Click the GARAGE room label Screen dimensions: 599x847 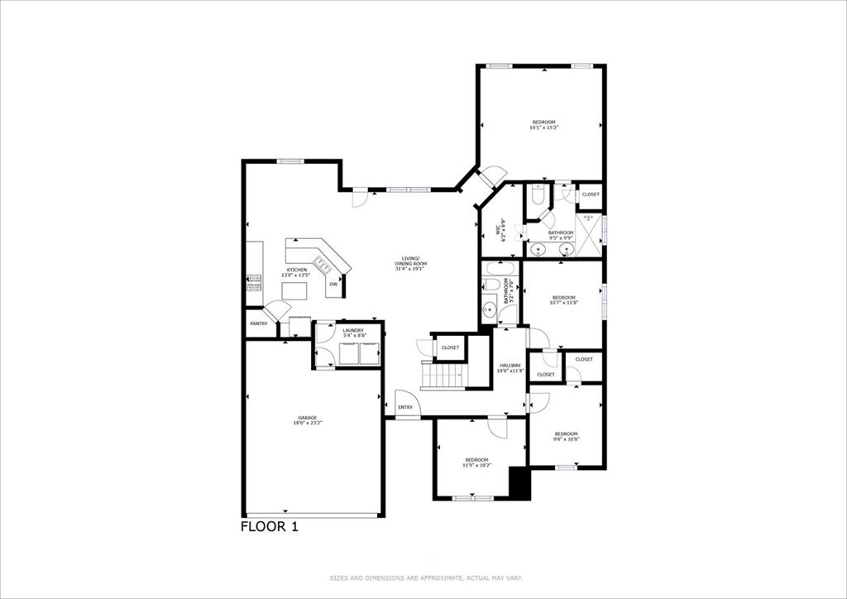[x=308, y=419]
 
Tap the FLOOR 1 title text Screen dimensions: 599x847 [x=269, y=526]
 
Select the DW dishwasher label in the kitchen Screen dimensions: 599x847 [x=333, y=284]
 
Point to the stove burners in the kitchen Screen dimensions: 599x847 [x=254, y=282]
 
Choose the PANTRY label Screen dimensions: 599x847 [x=259, y=323]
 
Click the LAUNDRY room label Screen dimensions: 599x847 [x=353, y=333]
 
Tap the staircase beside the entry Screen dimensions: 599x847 [x=444, y=376]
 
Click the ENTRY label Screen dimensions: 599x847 [x=405, y=407]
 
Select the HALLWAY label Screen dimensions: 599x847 [x=510, y=367]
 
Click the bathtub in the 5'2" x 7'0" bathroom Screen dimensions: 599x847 [x=500, y=269]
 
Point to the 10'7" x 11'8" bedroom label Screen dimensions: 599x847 [x=563, y=300]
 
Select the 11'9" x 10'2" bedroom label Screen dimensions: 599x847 [x=476, y=462]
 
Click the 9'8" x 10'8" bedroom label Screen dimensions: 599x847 [x=566, y=437]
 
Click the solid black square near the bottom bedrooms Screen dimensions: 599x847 [x=519, y=483]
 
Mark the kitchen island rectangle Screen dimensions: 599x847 [x=294, y=291]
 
